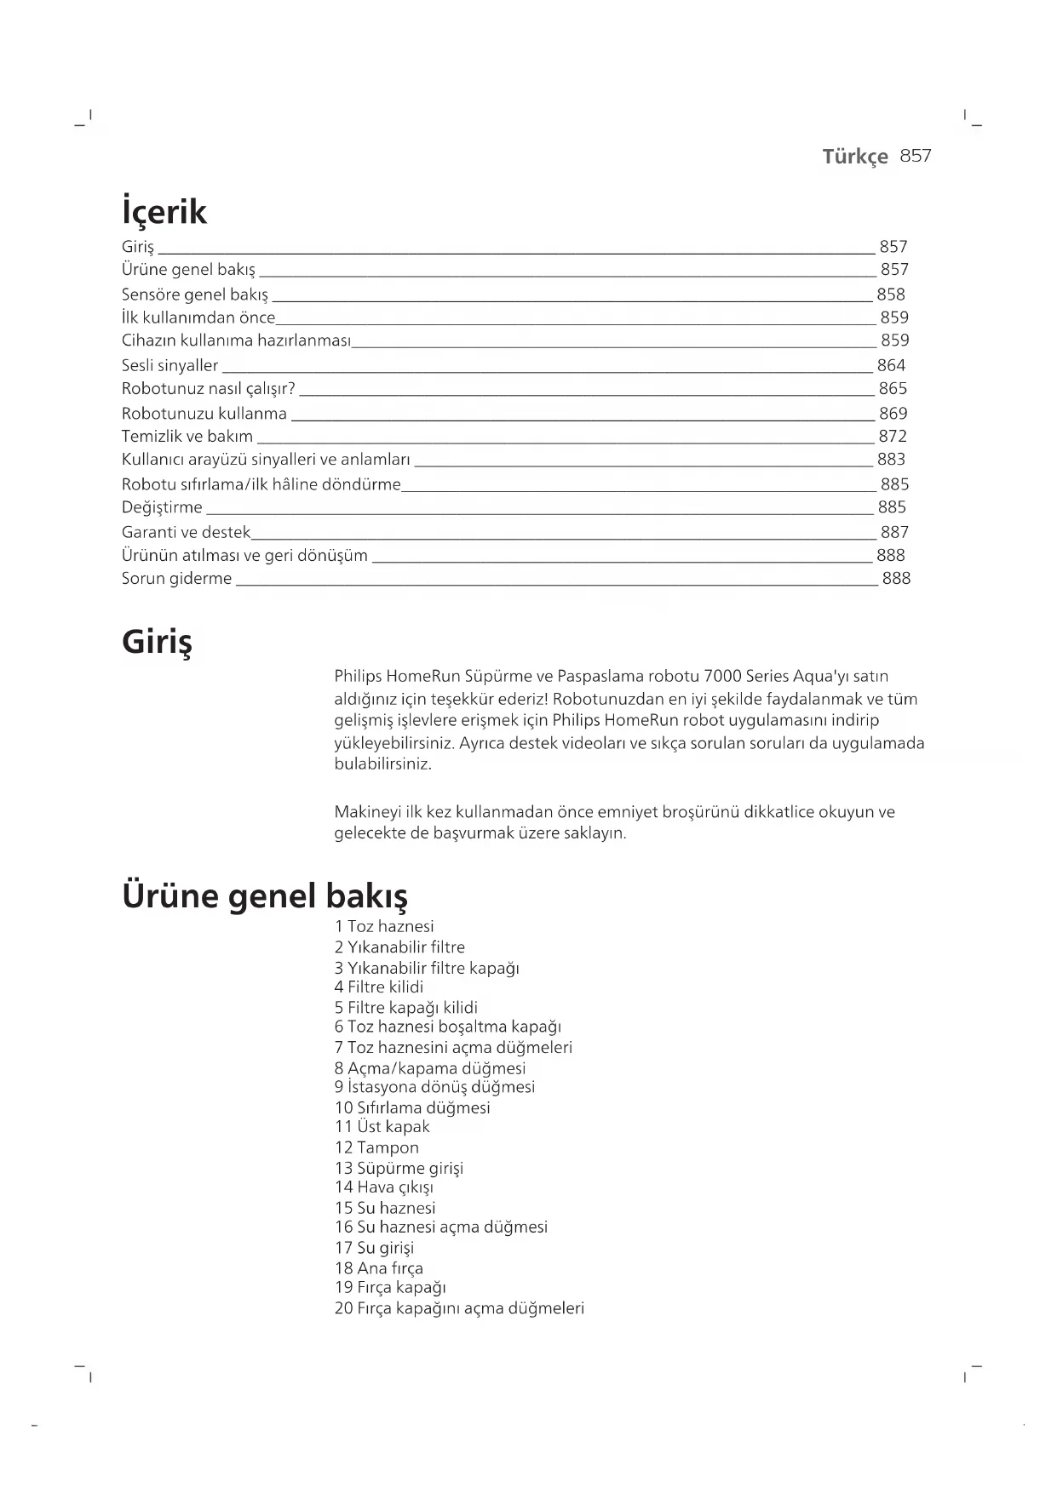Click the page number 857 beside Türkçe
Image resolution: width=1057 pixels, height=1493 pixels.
pos(916,156)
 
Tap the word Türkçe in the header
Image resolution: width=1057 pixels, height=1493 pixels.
pos(854,157)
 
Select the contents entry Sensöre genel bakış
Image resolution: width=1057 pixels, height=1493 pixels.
pos(195,295)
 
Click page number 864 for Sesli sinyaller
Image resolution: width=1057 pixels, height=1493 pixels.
pos(891,365)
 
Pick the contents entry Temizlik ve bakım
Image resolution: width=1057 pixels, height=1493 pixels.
pos(187,437)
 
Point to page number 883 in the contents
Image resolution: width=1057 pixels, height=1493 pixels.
pos(891,460)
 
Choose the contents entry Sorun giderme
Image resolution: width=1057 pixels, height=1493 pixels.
pos(176,579)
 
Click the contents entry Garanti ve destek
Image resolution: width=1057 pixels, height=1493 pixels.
pos(186,532)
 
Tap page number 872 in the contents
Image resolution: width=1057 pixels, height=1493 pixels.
pos(893,437)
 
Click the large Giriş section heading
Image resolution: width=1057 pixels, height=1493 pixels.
pos(158,641)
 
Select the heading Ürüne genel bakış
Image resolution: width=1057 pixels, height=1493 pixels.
pos(265,895)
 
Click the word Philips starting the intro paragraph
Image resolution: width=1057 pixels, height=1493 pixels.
pos(358,677)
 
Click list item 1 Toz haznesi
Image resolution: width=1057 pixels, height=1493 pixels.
pos(384,927)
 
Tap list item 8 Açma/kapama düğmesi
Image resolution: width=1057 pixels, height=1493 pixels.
pos(430,1068)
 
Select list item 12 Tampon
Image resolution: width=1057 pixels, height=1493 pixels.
pos(376,1147)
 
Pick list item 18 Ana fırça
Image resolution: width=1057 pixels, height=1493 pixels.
pos(379,1268)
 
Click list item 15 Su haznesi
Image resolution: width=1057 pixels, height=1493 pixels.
pos(385,1208)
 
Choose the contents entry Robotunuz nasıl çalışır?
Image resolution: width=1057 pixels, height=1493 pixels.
pos(209,389)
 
